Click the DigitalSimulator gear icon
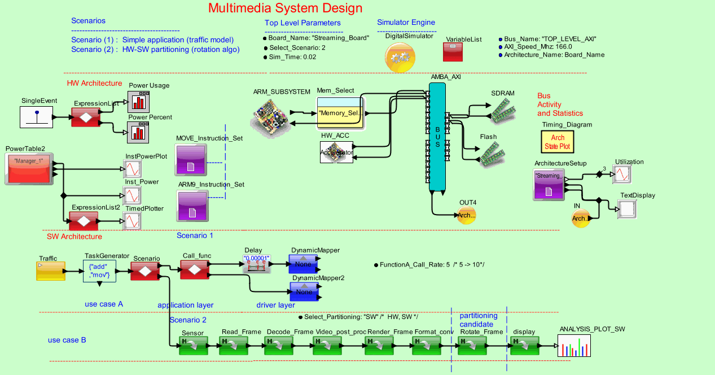coord(401,57)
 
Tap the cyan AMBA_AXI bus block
coord(437,137)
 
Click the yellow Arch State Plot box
coord(557,142)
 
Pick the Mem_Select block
coord(340,113)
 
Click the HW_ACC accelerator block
coord(337,152)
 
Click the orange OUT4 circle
coord(466,215)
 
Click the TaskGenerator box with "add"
coord(99,271)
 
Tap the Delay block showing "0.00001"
coord(257,264)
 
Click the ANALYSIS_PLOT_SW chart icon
coord(576,345)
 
